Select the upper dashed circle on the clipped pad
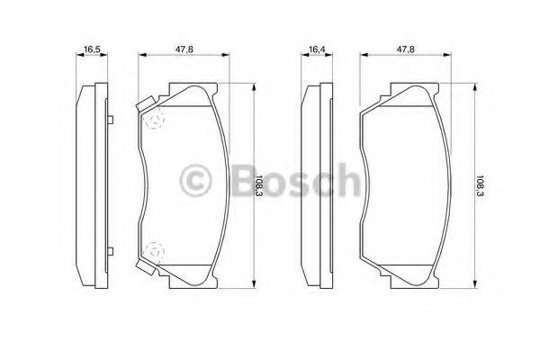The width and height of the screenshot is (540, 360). coord(156,120)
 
